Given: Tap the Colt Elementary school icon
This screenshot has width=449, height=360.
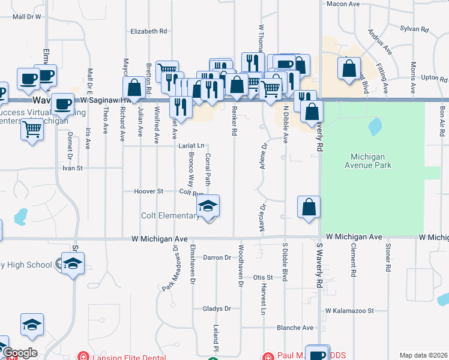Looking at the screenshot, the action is coord(208,206).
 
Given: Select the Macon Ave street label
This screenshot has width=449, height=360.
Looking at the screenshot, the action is coord(343,4).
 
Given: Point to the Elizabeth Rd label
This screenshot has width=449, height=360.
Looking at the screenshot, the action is coord(148,31).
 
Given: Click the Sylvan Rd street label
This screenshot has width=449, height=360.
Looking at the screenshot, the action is coord(415,29).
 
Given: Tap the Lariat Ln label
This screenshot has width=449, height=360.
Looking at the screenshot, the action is coord(191,146).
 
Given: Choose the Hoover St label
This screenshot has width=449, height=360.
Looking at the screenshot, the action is coord(152,191).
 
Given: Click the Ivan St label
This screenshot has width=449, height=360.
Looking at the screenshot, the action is coord(72,169).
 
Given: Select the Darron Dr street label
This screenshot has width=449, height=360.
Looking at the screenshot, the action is coord(217,257).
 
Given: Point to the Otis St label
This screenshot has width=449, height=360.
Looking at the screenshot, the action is coord(262,278).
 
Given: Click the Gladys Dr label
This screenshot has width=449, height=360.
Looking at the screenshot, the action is coord(217,308).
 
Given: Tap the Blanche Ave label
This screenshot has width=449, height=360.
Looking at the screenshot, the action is coord(295,328).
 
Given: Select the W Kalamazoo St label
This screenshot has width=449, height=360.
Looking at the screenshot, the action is coord(350,311).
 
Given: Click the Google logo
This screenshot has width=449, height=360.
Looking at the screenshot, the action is coord(19,353).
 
